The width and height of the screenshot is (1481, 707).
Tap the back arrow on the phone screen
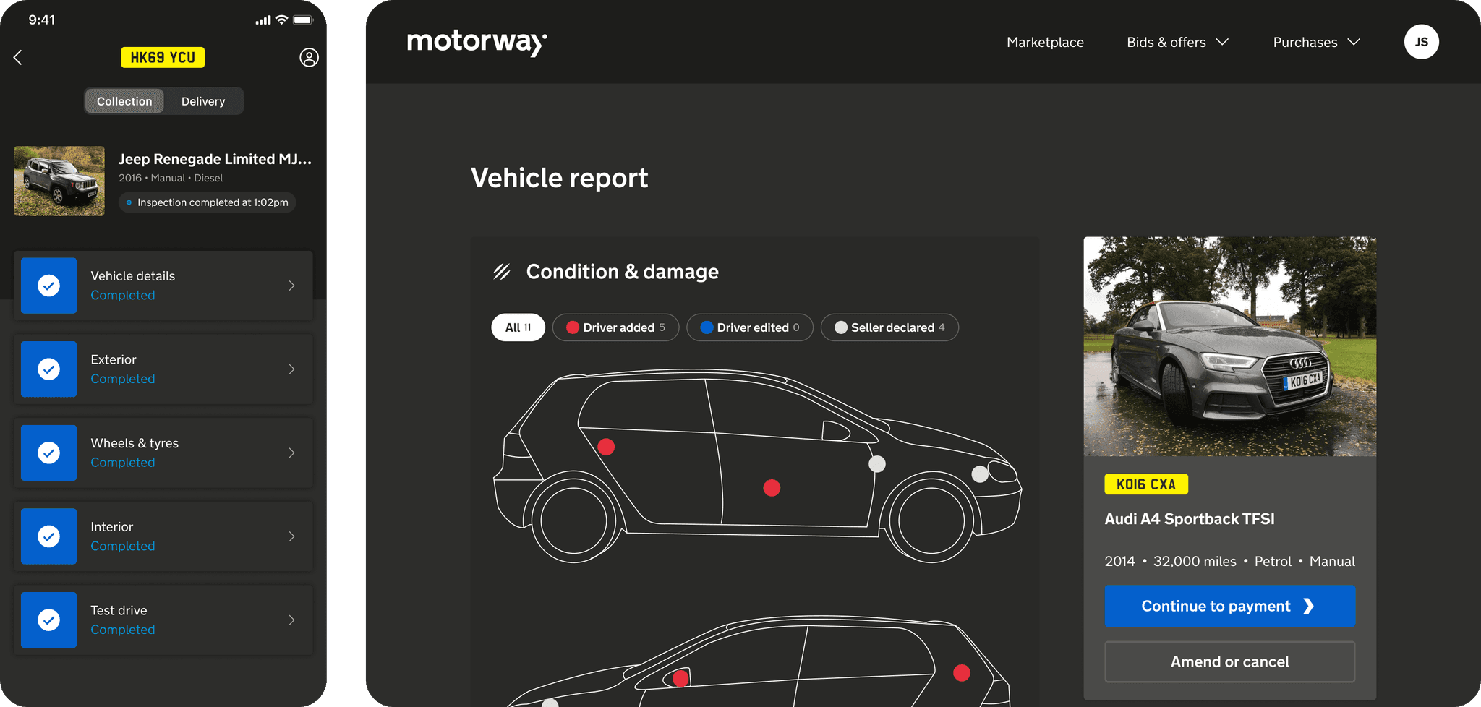click(x=18, y=58)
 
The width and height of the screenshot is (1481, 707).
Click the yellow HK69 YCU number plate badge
click(x=163, y=58)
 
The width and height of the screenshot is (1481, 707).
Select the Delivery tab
click(x=203, y=101)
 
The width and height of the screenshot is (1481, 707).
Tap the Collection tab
click(x=124, y=101)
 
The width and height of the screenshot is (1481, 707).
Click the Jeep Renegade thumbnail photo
click(x=59, y=181)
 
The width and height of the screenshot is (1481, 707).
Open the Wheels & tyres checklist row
click(x=163, y=453)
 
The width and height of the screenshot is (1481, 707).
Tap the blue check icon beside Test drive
click(x=48, y=620)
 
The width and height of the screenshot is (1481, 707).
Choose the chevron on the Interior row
click(x=291, y=536)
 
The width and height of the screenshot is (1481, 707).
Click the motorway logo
click(x=477, y=43)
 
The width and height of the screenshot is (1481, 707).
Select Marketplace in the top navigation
click(x=1045, y=43)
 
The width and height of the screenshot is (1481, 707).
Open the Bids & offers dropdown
click(x=1177, y=43)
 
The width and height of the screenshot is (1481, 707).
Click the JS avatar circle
click(x=1421, y=42)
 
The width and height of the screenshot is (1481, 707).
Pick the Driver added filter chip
click(x=615, y=327)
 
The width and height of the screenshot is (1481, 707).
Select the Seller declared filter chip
click(x=889, y=327)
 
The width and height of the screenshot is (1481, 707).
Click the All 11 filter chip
click(x=518, y=327)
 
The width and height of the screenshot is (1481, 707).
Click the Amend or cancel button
click(x=1229, y=661)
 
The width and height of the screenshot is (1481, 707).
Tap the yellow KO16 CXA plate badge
click(x=1146, y=484)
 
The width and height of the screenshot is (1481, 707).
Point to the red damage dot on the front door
click(x=772, y=488)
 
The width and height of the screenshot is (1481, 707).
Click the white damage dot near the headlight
click(x=980, y=474)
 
